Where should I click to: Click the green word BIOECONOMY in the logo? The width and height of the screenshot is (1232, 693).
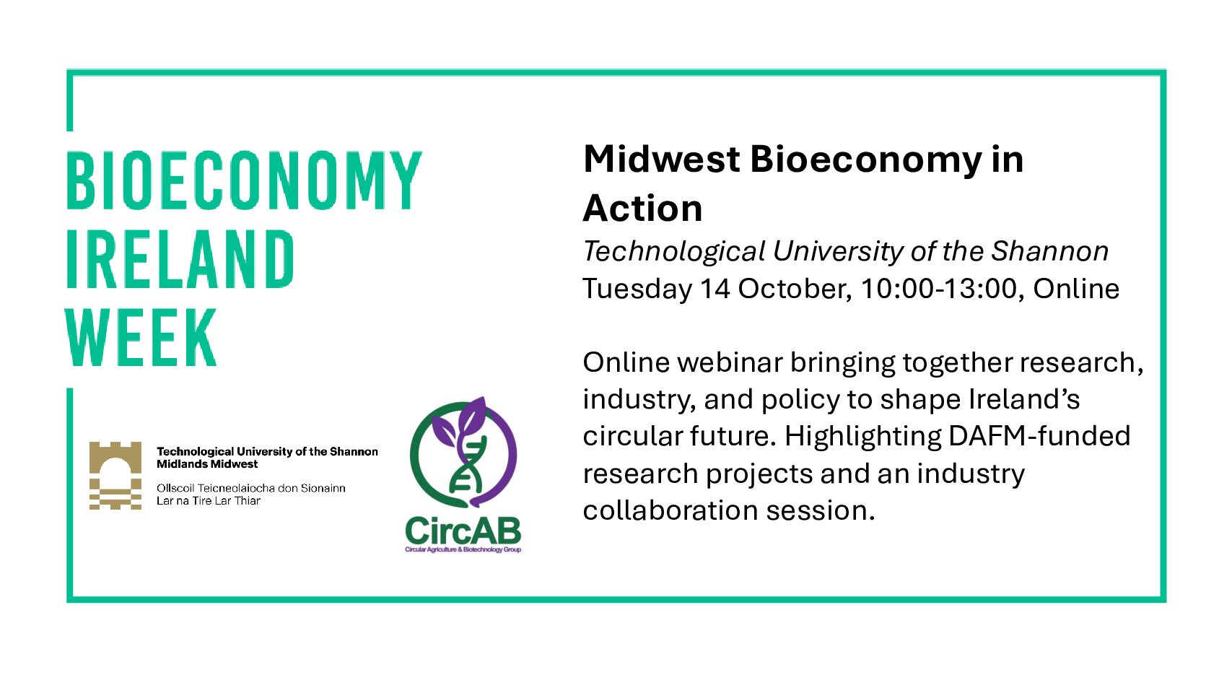(244, 180)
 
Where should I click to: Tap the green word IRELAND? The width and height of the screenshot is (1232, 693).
(180, 259)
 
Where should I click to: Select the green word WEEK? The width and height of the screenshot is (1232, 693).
(141, 337)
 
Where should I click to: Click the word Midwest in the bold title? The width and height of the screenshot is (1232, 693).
(662, 160)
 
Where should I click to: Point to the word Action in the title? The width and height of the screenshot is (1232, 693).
(642, 209)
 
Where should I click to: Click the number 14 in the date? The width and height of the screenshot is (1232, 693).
(715, 289)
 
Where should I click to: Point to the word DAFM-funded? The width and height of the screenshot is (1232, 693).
(1039, 436)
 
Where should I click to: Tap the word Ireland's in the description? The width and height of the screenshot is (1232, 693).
(1024, 399)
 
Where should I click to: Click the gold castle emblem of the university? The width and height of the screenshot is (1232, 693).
(115, 475)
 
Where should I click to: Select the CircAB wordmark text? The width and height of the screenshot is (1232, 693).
(463, 531)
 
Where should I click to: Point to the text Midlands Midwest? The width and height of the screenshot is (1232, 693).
(207, 464)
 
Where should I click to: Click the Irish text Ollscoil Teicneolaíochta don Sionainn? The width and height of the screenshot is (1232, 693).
(250, 488)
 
